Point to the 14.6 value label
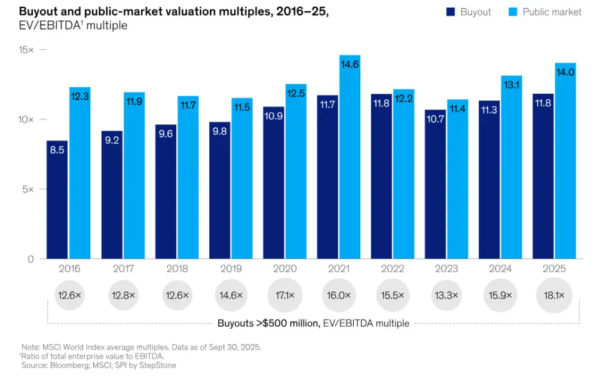(x=350, y=65)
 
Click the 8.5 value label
(x=57, y=150)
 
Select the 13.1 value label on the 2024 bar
(x=512, y=85)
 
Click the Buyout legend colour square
(x=450, y=12)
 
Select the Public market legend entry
(x=551, y=12)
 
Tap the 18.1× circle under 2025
(x=554, y=296)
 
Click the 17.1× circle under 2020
(x=284, y=296)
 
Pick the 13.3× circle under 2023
(x=446, y=296)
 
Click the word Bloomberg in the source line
(x=68, y=365)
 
